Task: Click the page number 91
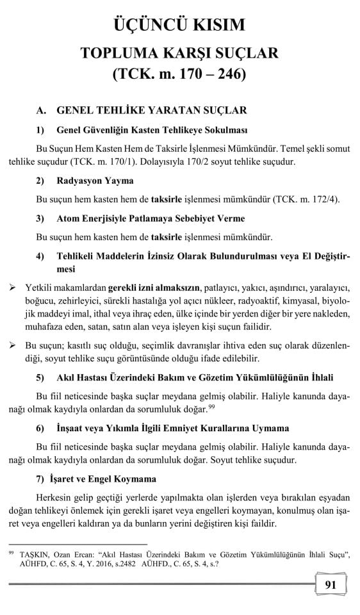point(331,584)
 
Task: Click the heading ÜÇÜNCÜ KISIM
point(179,25)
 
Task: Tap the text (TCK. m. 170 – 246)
point(179,74)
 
